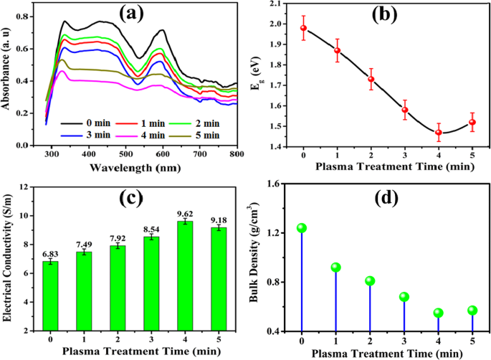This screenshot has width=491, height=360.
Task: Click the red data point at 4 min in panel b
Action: click(x=439, y=132)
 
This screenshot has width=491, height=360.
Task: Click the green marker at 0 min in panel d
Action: click(x=302, y=228)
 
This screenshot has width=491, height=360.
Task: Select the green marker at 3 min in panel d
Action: click(x=404, y=297)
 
